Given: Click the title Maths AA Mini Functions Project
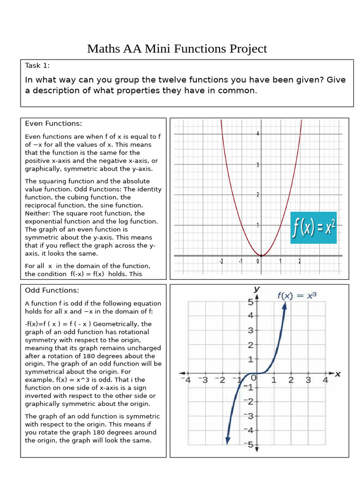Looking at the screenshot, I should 177,49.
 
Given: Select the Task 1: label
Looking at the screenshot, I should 37,66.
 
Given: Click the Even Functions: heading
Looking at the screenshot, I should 53,123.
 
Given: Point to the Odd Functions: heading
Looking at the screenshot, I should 52,290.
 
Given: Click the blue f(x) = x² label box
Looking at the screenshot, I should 314,227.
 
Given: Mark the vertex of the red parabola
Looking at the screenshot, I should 261,255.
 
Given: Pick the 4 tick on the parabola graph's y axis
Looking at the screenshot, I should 257,134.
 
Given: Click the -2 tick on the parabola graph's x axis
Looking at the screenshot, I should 221,262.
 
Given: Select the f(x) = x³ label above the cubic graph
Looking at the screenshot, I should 297,295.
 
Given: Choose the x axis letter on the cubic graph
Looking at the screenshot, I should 337,374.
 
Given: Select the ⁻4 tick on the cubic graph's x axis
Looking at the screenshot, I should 187,380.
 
